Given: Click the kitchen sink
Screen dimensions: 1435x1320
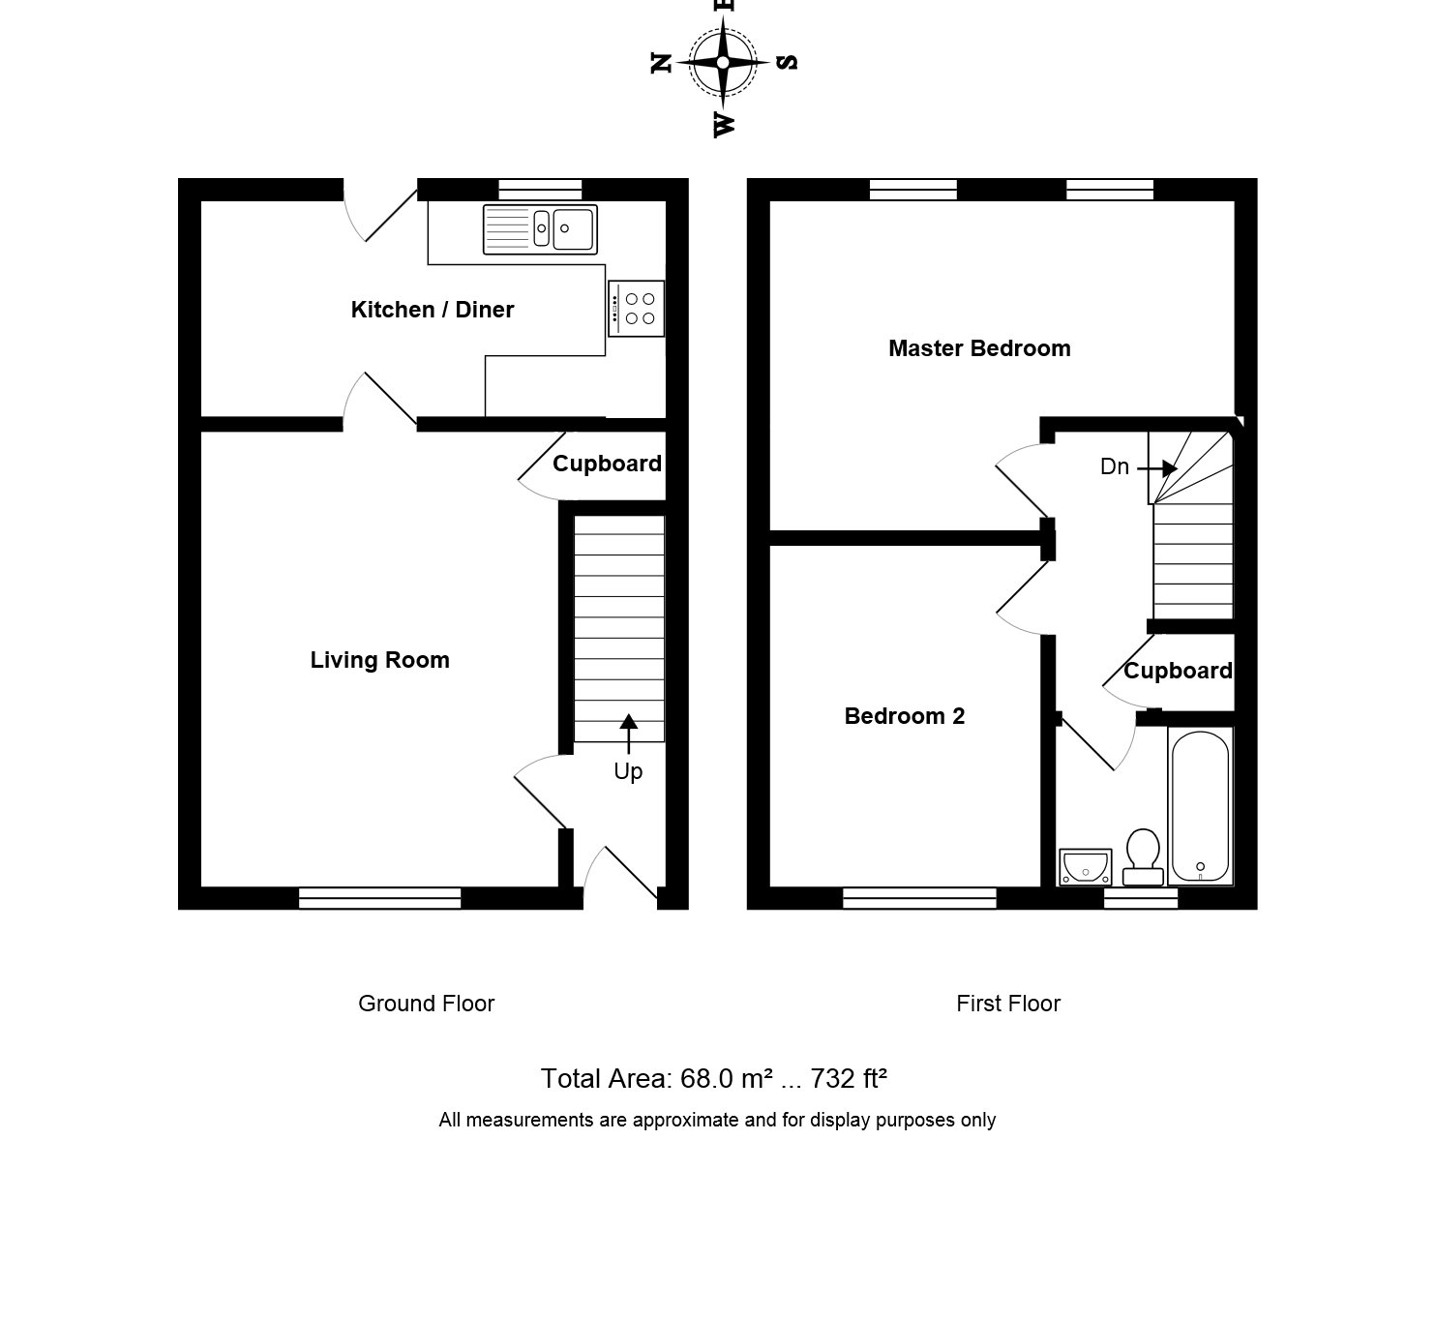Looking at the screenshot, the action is coord(540,229).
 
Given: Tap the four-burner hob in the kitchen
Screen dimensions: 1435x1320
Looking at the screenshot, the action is coord(636,309).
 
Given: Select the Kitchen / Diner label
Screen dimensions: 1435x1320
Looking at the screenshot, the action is coord(433,309).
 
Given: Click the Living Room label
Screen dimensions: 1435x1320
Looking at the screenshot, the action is coord(380,660).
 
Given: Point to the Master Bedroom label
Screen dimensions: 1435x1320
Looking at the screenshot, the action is coord(979,348).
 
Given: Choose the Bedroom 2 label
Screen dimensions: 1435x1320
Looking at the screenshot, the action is coord(904,715).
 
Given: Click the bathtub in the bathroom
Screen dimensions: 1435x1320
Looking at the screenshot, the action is coord(1201,806).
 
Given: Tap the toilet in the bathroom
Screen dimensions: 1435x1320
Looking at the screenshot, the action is coord(1143,857).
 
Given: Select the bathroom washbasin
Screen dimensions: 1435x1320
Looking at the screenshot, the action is coord(1085,867).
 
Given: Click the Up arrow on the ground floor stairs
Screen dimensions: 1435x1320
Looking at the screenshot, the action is coord(629,735).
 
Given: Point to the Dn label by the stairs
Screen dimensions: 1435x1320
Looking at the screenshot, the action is coord(1115,466).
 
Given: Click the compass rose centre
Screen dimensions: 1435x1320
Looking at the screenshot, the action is coord(723,63).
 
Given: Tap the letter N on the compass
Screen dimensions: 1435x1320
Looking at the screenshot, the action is coord(661,63).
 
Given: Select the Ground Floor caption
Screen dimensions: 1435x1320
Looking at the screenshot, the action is coord(427,1004).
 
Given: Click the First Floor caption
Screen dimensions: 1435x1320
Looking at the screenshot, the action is coord(1008,1004).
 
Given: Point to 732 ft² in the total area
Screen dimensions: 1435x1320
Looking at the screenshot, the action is coord(849,1078).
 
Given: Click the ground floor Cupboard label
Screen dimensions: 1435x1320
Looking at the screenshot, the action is coord(608,464).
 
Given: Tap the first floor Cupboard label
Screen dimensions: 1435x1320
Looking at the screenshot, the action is coord(1179,671).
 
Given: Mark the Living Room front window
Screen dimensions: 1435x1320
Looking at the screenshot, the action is coord(380,898).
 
